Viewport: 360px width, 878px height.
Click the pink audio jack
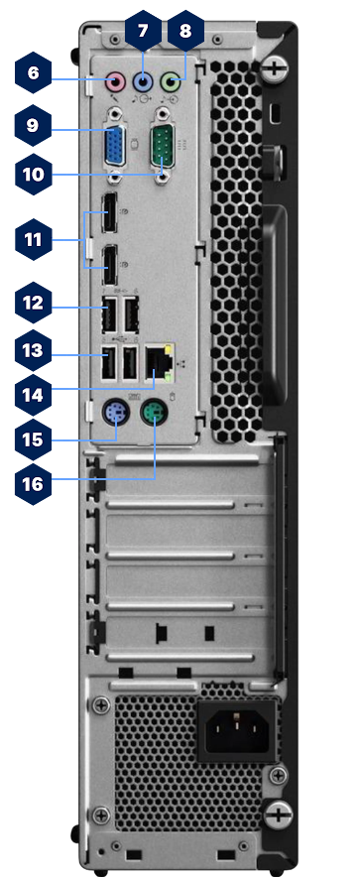coord(116,82)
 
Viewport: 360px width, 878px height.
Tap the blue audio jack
coord(145,82)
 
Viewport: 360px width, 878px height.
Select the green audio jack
coord(174,82)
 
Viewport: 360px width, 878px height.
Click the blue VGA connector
coord(116,147)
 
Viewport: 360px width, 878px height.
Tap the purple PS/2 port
coord(117,416)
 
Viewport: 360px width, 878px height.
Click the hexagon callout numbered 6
coord(34,74)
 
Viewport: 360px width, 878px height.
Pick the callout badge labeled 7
coord(143,31)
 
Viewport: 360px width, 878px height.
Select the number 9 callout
coord(34,126)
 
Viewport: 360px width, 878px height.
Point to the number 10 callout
coord(34,175)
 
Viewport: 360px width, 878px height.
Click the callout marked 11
coord(34,239)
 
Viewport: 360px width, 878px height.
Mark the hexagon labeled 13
coord(34,349)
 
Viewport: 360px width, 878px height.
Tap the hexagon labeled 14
coord(34,394)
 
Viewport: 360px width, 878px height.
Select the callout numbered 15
coord(34,439)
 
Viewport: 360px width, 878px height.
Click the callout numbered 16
coord(34,483)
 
